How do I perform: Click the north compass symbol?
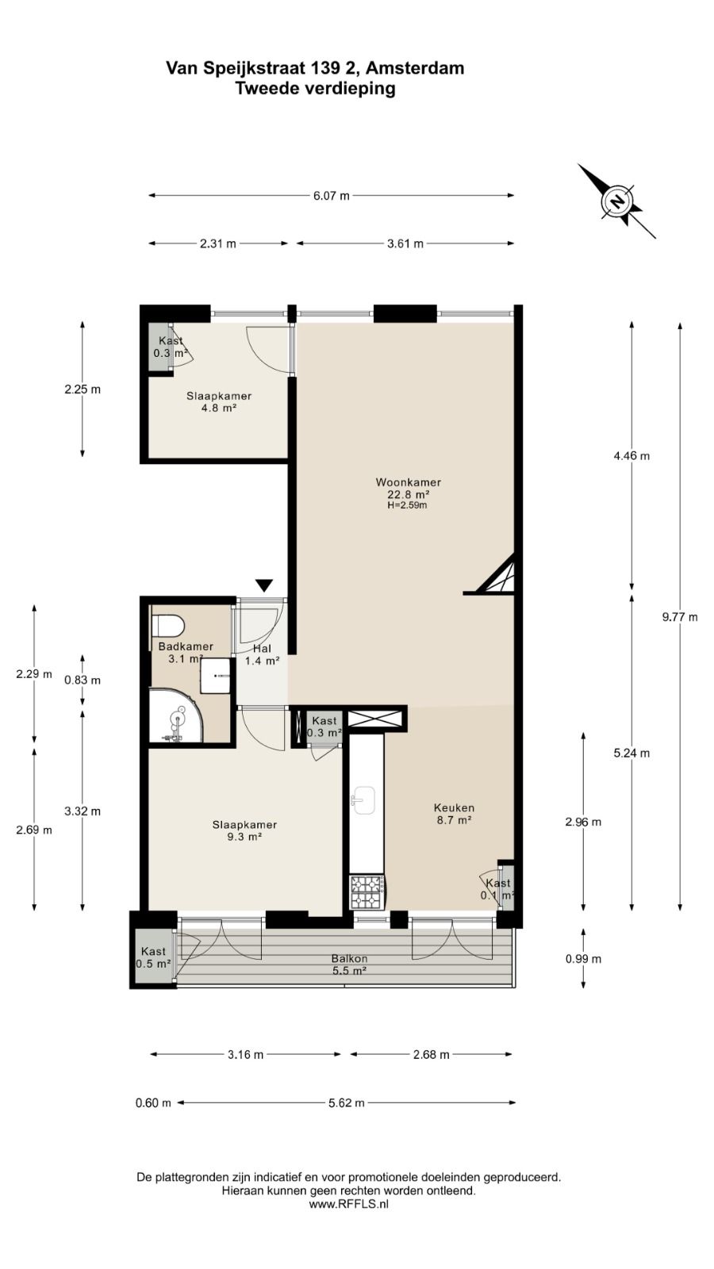616,201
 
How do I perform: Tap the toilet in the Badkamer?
167,627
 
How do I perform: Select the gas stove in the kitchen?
367,892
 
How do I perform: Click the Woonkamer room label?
408,483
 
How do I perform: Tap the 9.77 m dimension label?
680,618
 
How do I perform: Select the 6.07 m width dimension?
332,196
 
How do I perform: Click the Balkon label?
350,959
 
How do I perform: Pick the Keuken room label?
454,808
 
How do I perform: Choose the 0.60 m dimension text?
153,1103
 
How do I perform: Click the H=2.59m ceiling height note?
408,505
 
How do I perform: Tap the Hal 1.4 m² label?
262,654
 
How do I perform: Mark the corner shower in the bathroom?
175,715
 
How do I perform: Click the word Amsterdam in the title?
415,68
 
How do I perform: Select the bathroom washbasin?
215,675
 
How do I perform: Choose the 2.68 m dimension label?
432,1055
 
